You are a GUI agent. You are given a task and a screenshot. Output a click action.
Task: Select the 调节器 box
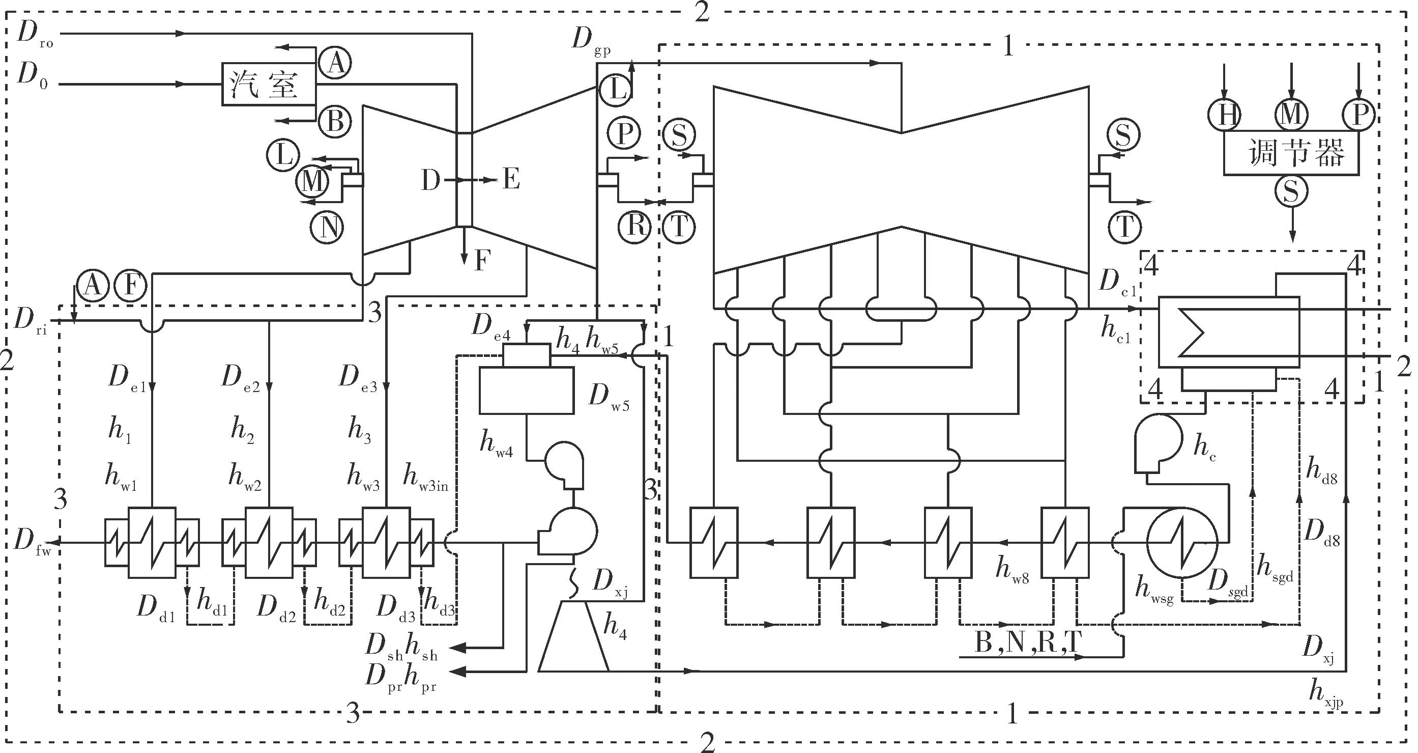(1291, 153)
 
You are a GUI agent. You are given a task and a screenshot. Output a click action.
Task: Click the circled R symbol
(635, 226)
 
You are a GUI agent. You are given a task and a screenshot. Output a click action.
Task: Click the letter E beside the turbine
(511, 180)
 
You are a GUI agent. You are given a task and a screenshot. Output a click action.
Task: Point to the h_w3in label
(425, 477)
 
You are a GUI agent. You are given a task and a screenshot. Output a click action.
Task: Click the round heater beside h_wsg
(1182, 542)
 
